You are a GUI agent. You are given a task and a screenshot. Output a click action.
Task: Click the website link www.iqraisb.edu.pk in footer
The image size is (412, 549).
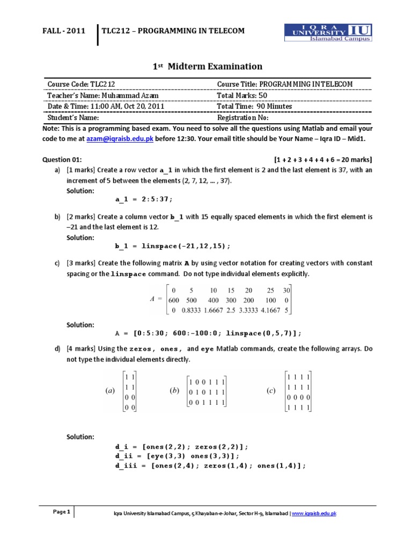(x=314, y=514)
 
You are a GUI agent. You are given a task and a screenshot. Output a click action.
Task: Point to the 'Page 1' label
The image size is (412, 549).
(x=62, y=512)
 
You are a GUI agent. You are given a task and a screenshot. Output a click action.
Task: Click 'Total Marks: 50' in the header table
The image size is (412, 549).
(x=242, y=95)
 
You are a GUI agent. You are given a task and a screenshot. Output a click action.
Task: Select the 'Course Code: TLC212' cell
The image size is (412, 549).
(x=81, y=84)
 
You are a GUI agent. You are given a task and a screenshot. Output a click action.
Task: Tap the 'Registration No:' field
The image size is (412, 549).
(x=242, y=117)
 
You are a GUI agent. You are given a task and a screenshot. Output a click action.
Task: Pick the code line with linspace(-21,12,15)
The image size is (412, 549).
(x=173, y=246)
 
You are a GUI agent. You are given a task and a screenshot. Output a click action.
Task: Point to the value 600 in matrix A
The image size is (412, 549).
(x=174, y=301)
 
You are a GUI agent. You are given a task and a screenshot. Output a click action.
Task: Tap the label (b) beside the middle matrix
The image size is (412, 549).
(x=174, y=391)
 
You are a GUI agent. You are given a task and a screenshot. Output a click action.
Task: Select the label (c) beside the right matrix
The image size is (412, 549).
(x=271, y=391)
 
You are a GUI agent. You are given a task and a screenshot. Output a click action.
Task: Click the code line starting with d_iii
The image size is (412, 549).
(x=210, y=466)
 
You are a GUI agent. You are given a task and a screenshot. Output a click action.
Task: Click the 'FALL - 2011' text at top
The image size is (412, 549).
(x=64, y=31)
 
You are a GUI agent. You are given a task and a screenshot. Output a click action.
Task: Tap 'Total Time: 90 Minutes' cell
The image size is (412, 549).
(x=254, y=106)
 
